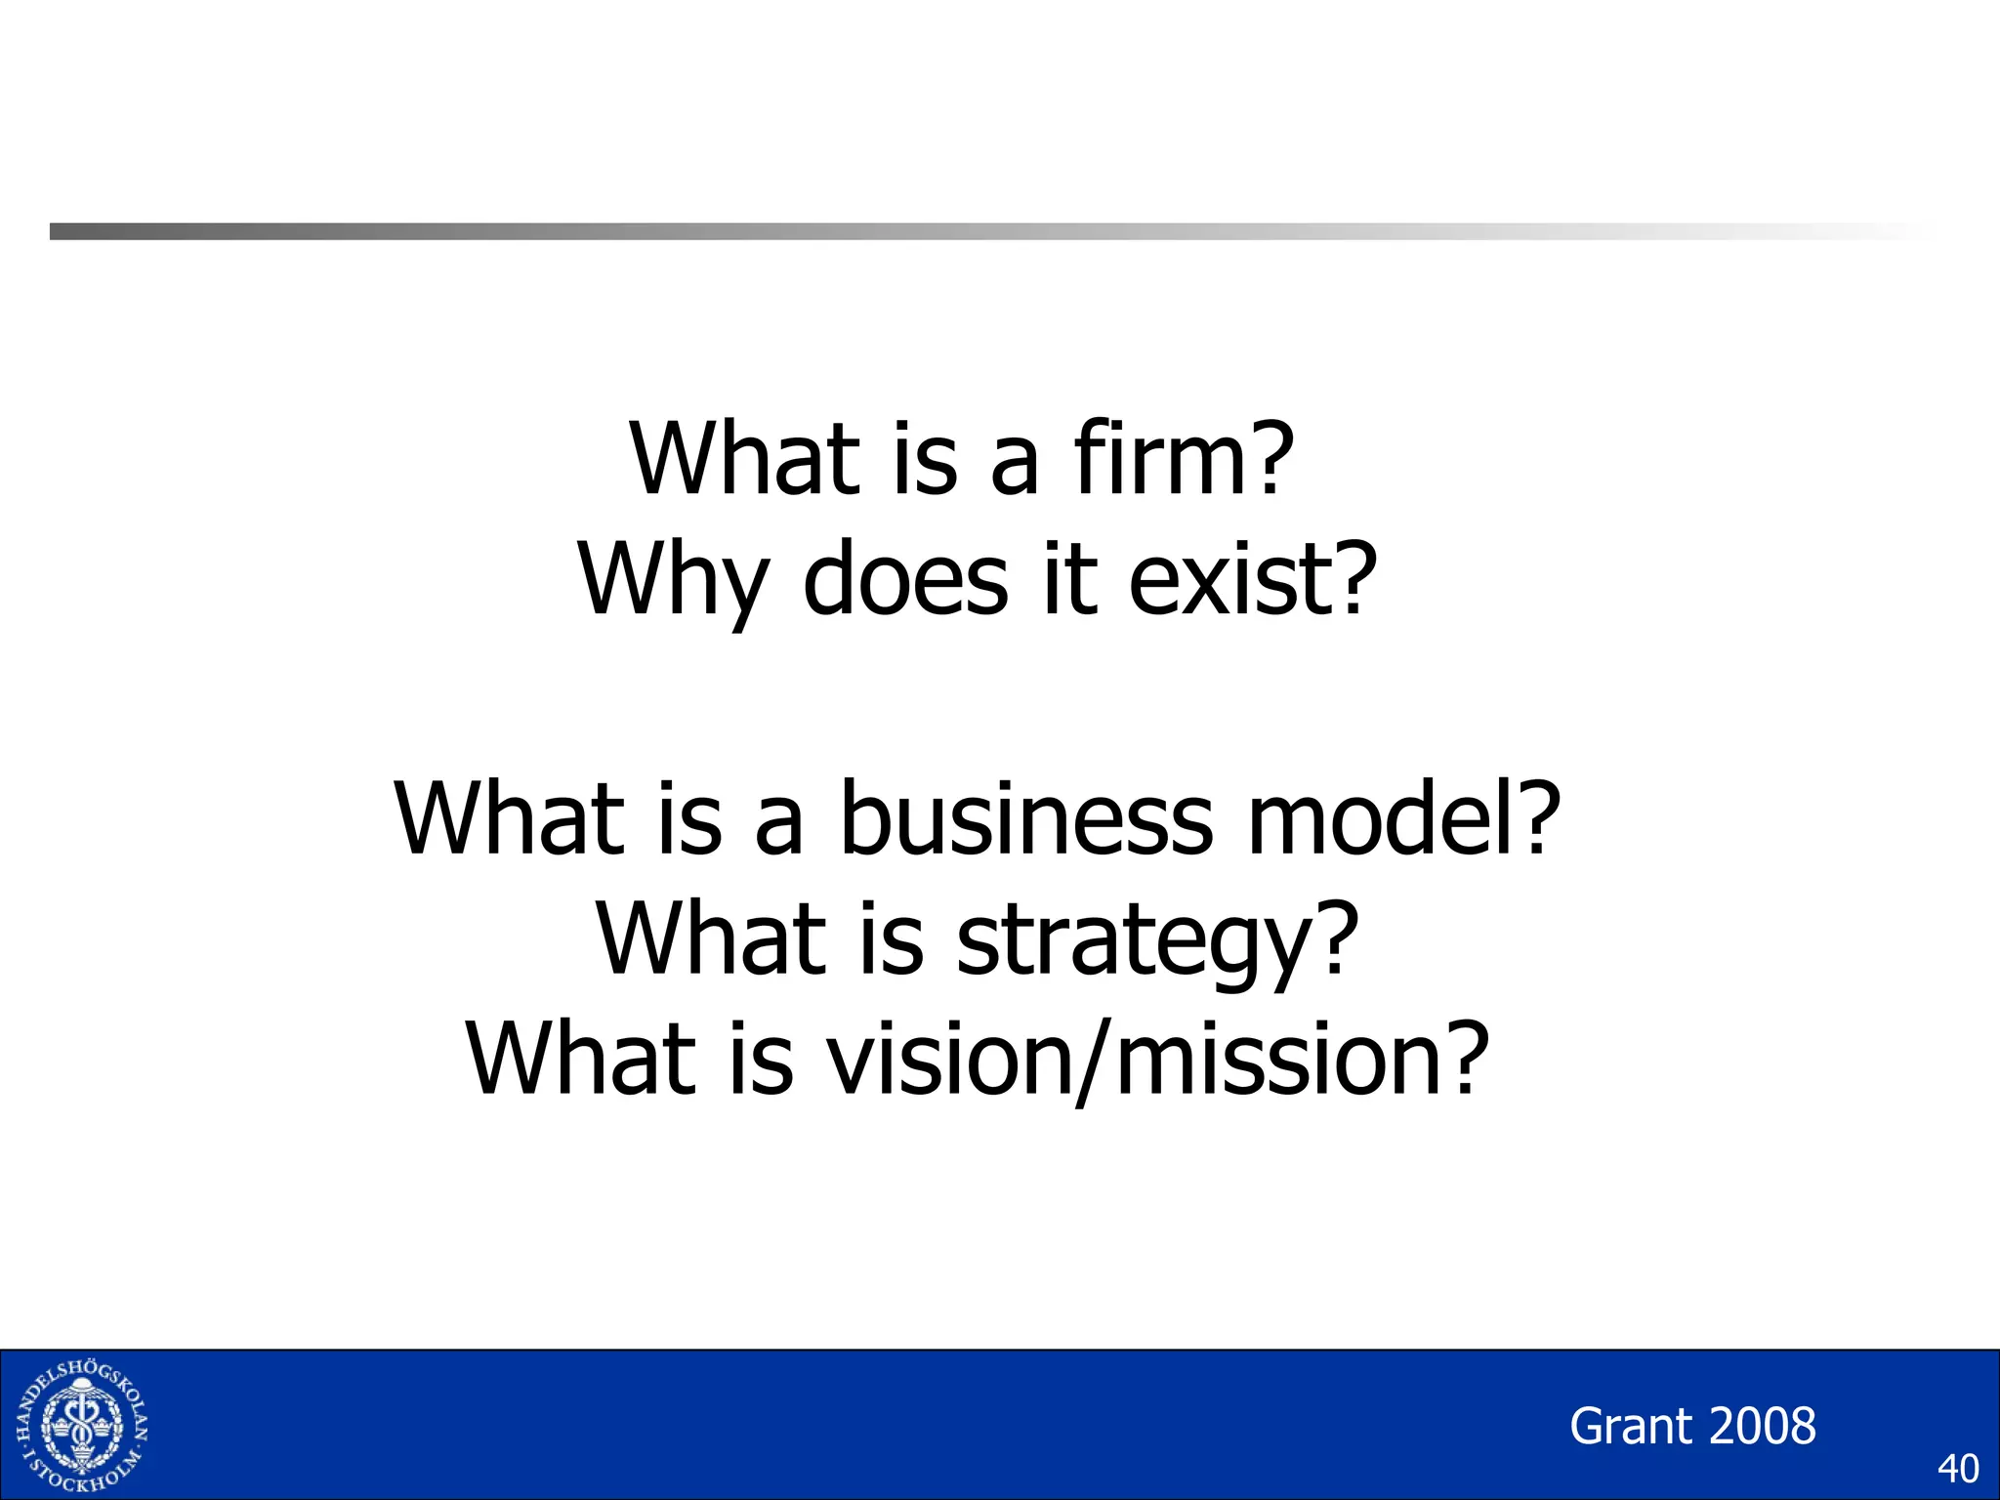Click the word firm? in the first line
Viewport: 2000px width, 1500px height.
pos(1184,459)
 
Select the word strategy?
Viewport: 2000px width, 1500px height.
pos(1157,939)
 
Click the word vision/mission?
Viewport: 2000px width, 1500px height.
pos(1158,1060)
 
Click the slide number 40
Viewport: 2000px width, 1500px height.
pos(1957,1469)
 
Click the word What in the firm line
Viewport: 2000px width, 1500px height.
pos(745,459)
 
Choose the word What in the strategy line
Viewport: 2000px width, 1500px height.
pos(711,939)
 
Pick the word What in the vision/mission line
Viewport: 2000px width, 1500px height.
pos(581,1060)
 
